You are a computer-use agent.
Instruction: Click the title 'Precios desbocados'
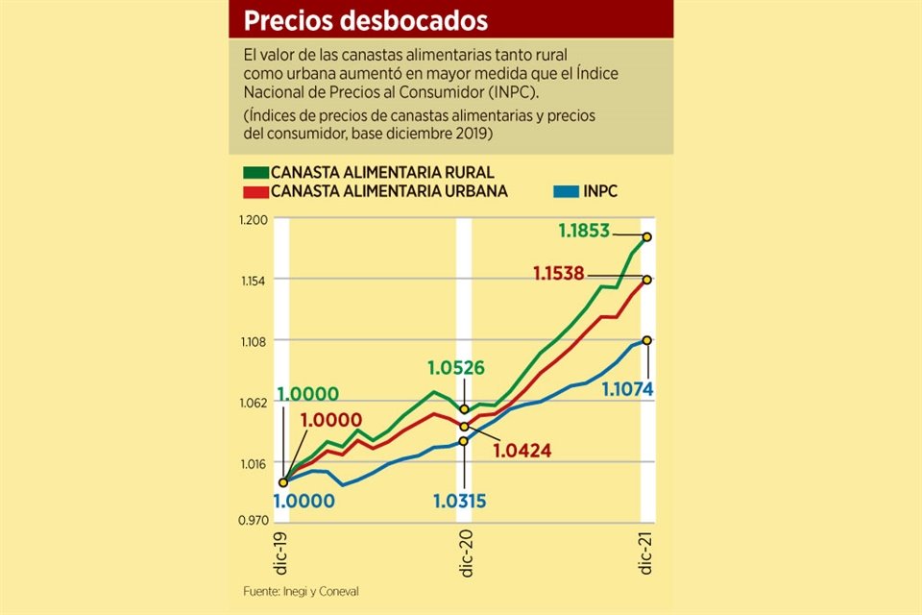[364, 20]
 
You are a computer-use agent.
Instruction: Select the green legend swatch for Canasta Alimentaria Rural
[255, 173]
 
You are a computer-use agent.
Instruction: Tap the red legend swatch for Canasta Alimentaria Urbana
[255, 191]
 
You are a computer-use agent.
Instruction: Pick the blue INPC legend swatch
[566, 191]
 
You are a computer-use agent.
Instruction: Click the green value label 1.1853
[586, 231]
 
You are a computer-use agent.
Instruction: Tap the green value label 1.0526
[457, 367]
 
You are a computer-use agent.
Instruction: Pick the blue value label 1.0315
[459, 500]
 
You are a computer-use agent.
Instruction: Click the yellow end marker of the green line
[648, 236]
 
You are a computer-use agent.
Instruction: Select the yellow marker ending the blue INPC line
[648, 340]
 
